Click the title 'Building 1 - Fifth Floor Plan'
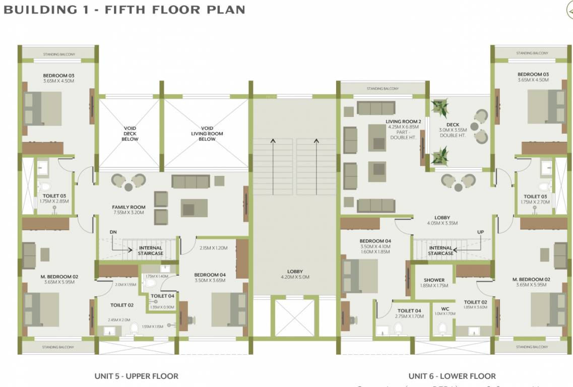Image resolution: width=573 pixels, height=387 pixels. click(x=124, y=10)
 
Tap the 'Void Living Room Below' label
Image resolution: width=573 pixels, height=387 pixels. click(x=207, y=134)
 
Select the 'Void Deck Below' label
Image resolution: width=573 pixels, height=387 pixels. click(x=130, y=134)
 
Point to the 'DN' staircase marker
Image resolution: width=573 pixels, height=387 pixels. click(x=113, y=232)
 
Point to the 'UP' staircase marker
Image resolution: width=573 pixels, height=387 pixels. click(x=480, y=232)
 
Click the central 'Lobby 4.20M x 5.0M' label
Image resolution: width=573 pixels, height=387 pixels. click(x=295, y=274)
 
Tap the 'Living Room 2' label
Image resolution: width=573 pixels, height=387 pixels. click(x=401, y=121)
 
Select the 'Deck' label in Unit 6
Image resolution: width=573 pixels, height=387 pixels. click(x=453, y=124)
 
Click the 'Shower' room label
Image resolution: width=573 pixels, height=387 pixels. click(x=434, y=280)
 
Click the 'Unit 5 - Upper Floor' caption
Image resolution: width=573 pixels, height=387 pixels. click(x=136, y=376)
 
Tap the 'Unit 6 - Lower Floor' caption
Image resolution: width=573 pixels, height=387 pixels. click(x=452, y=376)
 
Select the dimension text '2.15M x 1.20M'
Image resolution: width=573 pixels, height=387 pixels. click(x=214, y=248)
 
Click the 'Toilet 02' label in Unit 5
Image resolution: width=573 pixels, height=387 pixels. click(x=121, y=305)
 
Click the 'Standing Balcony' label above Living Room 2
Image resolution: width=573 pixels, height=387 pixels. click(x=383, y=89)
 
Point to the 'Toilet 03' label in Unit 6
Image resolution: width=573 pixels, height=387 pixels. click(x=535, y=197)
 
